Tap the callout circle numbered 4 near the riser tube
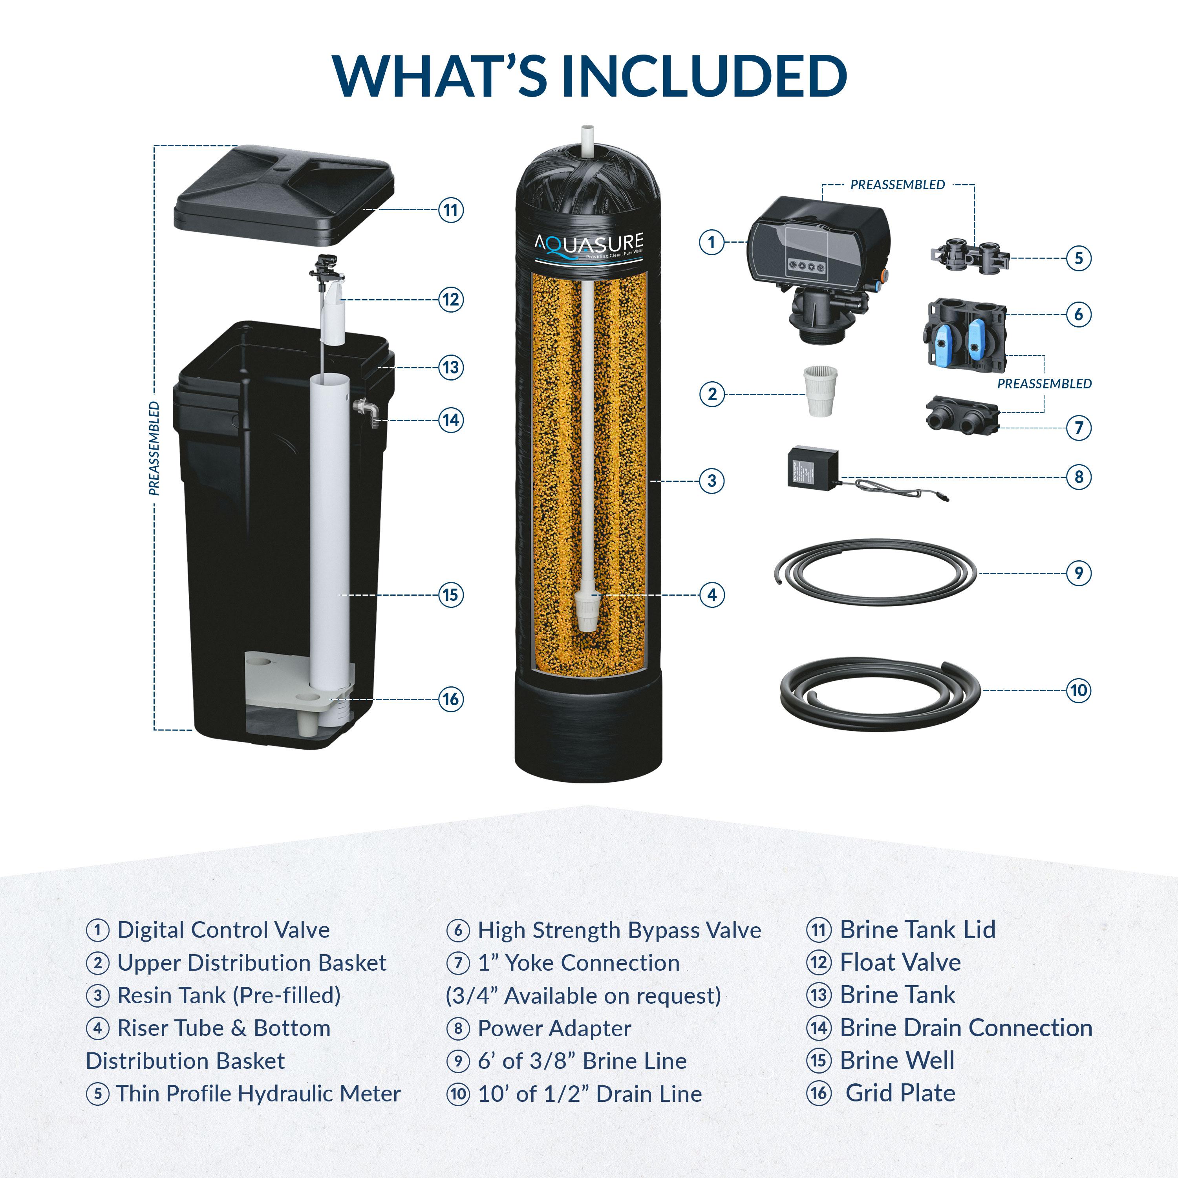(x=712, y=594)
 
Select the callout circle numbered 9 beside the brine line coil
(x=1078, y=573)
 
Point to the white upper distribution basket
(x=820, y=391)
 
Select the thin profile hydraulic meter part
(x=970, y=257)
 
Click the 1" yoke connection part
(x=962, y=417)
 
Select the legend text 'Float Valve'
(x=900, y=962)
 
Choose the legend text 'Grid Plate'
(x=900, y=1093)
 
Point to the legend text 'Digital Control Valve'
(x=223, y=930)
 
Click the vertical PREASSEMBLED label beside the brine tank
(x=154, y=448)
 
